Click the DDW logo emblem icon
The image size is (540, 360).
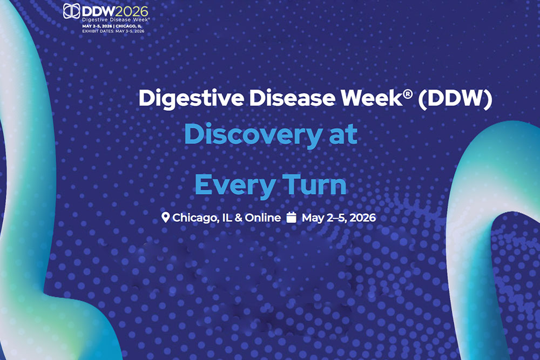coord(72,11)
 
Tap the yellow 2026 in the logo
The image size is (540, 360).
coord(132,11)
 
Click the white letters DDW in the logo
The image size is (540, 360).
coord(99,11)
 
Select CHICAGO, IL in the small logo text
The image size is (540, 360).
coord(129,26)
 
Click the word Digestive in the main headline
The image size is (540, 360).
coord(191,99)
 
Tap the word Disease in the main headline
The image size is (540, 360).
coord(292,98)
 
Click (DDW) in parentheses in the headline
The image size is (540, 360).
coord(455,99)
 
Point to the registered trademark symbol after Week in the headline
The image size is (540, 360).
coord(408,93)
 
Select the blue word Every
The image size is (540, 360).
coord(235,186)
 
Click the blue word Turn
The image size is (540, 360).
coord(314,185)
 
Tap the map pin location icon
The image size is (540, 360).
coord(166,217)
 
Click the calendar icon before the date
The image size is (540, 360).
coord(292,218)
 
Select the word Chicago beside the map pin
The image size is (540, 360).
coord(197,218)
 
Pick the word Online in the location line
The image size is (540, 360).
coord(263,218)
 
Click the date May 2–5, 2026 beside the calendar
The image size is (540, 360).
coord(339,218)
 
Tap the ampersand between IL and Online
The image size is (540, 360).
coord(238,218)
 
